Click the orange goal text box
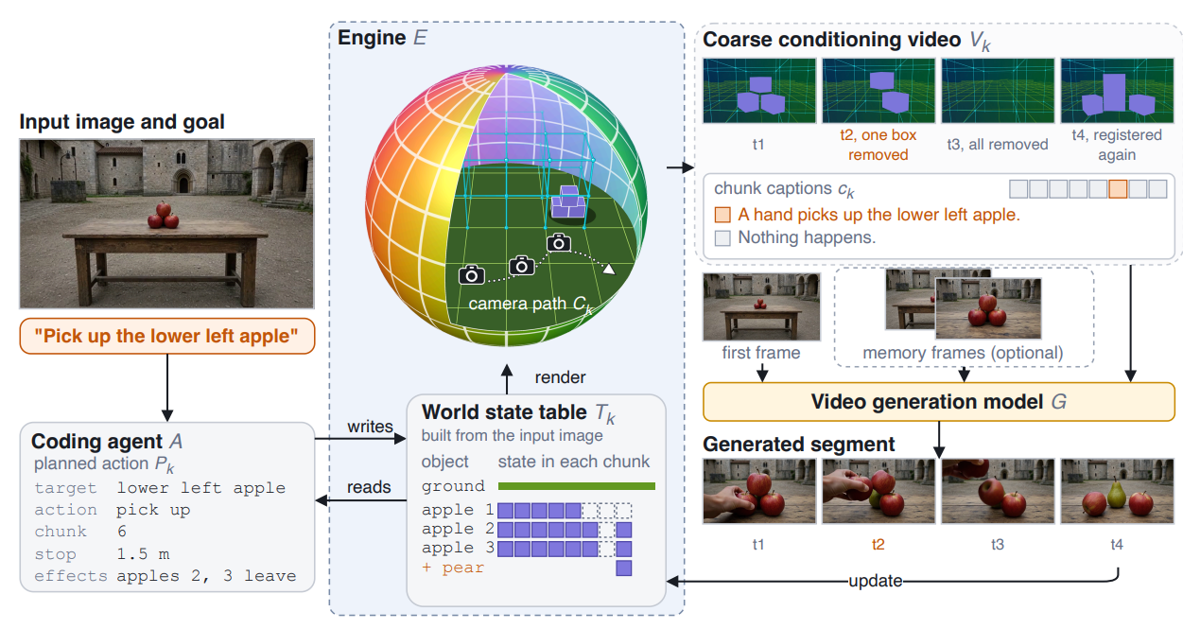[x=166, y=336]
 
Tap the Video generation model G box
[x=938, y=402]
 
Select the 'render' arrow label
[x=560, y=377]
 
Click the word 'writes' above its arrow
[x=370, y=427]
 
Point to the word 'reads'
[x=369, y=487]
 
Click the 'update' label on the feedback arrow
[x=875, y=581]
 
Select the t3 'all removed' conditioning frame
[x=998, y=91]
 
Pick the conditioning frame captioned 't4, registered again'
[x=1117, y=91]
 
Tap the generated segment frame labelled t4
[x=1117, y=491]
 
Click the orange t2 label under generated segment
[x=878, y=545]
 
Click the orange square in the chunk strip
[x=1118, y=189]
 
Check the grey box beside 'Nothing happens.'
[x=722, y=237]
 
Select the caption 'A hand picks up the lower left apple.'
[x=879, y=215]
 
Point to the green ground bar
[x=577, y=486]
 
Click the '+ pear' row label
[x=453, y=568]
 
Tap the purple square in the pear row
[x=624, y=568]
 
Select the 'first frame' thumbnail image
[x=761, y=306]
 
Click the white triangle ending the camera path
[x=609, y=269]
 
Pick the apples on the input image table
[x=164, y=216]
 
